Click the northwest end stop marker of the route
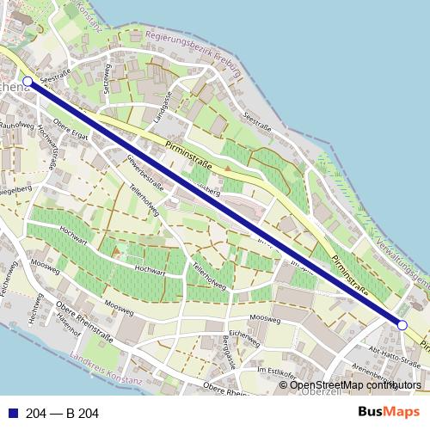pos(28,82)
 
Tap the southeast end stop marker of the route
pos(402,324)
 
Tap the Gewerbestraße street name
pos(144,170)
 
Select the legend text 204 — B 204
pos(63,414)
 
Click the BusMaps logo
pos(389,412)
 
